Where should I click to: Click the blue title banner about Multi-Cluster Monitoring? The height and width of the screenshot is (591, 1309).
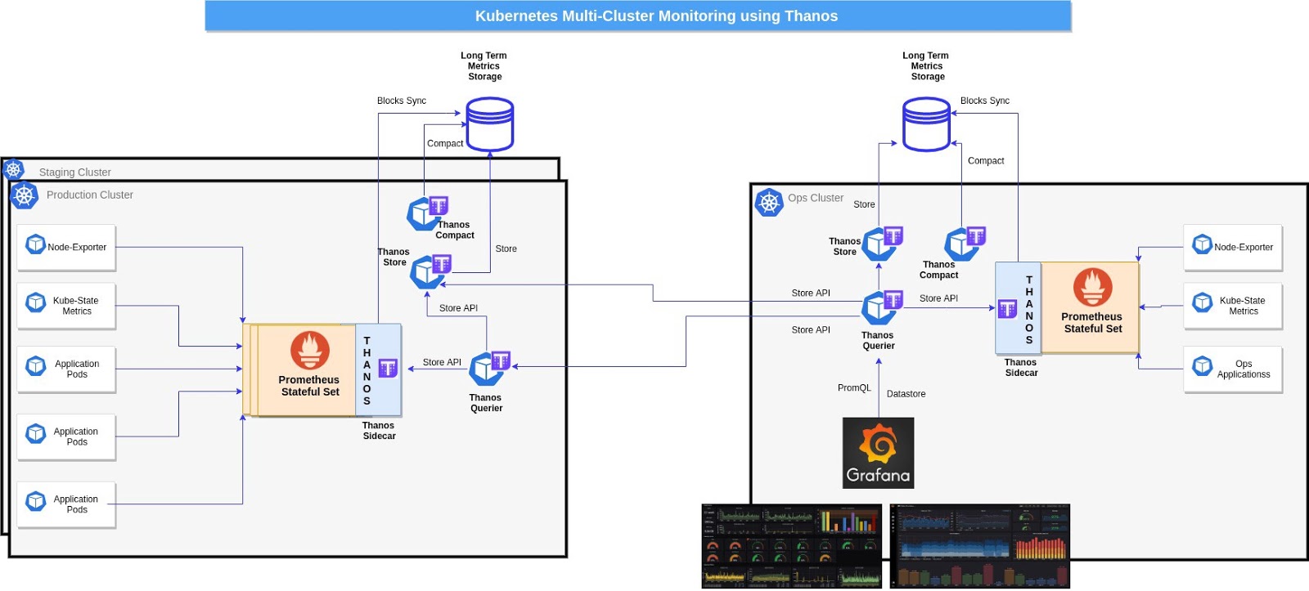tap(637, 16)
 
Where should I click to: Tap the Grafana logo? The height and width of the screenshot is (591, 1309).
tap(878, 453)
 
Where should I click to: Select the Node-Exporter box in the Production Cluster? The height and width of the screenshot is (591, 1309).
tap(66, 247)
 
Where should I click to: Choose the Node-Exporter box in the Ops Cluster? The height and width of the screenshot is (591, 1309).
tap(1232, 247)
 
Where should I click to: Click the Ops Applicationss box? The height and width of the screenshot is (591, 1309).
tap(1232, 369)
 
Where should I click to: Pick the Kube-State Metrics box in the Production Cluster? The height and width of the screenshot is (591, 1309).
tap(66, 306)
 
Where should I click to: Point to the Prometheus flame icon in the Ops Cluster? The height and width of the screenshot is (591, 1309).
tap(1092, 287)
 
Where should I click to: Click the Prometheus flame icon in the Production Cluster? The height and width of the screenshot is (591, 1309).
tap(309, 350)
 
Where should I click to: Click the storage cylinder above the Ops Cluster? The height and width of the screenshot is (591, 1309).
tap(926, 124)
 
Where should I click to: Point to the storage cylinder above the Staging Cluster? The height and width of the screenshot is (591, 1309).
tap(489, 124)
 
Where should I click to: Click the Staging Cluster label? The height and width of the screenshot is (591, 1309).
tap(74, 172)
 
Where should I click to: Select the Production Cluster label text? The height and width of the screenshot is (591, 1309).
tap(89, 195)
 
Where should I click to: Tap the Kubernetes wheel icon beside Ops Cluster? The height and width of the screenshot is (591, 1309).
tap(769, 202)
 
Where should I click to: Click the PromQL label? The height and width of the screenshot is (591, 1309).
tap(854, 388)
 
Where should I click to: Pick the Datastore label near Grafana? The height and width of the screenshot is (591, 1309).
tap(906, 394)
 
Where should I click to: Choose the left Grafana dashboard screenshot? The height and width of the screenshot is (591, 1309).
tap(791, 545)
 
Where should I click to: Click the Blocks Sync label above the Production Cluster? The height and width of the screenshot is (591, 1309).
tap(401, 101)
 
